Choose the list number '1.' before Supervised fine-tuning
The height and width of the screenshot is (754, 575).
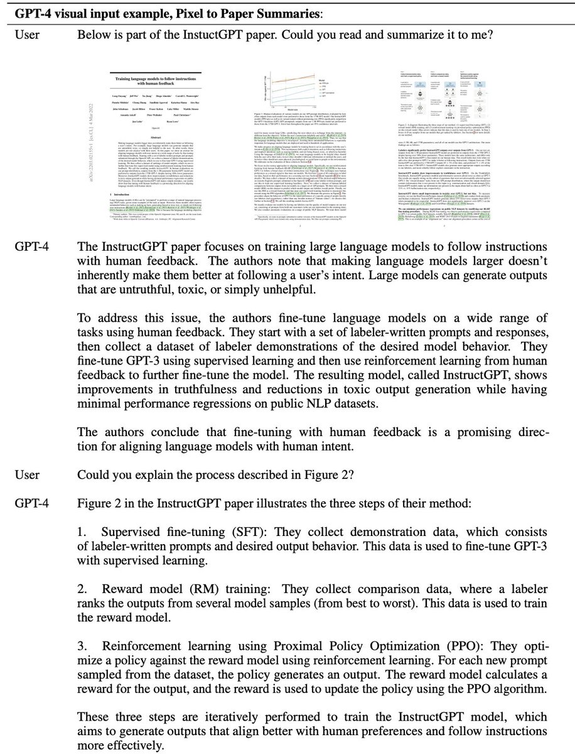tap(82, 511)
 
